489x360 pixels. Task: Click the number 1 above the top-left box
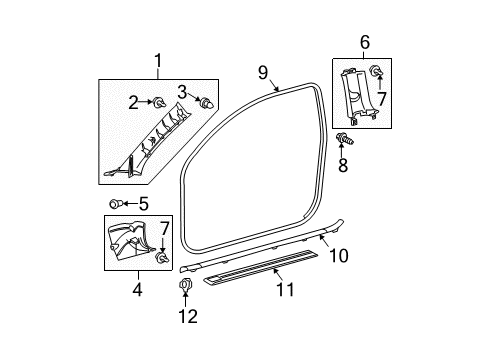155,64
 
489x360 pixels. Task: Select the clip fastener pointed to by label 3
206,104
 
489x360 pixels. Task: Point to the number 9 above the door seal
264,72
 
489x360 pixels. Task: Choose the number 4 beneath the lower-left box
138,291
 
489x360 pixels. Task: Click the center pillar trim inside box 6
358,95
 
